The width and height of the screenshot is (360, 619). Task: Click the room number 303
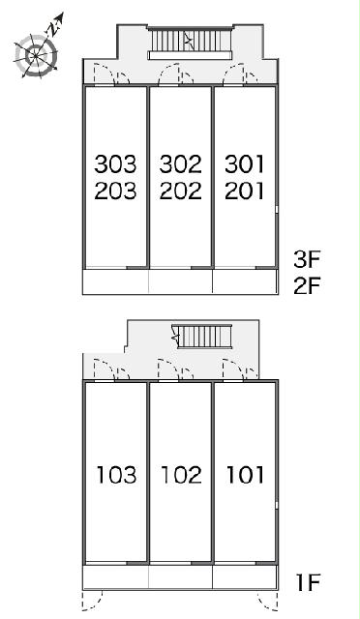(x=115, y=163)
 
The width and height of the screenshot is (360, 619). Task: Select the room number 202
(x=181, y=191)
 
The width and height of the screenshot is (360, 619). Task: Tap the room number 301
(x=245, y=163)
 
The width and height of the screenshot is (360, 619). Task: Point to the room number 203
(x=115, y=191)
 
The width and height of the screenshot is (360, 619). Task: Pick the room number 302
(x=181, y=163)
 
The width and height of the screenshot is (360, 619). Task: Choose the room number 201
(x=245, y=191)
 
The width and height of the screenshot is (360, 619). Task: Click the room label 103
(x=116, y=475)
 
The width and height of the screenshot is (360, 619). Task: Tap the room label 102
(x=181, y=475)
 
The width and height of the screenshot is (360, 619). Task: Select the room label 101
(x=245, y=475)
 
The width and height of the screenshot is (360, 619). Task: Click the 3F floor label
(x=306, y=259)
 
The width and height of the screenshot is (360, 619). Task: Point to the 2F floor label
(x=306, y=286)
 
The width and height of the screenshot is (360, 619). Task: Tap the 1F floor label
(x=308, y=582)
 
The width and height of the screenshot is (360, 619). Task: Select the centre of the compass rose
(x=36, y=56)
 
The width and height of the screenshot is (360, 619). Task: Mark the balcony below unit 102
(x=181, y=577)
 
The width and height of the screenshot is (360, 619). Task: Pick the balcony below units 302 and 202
(x=181, y=281)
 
